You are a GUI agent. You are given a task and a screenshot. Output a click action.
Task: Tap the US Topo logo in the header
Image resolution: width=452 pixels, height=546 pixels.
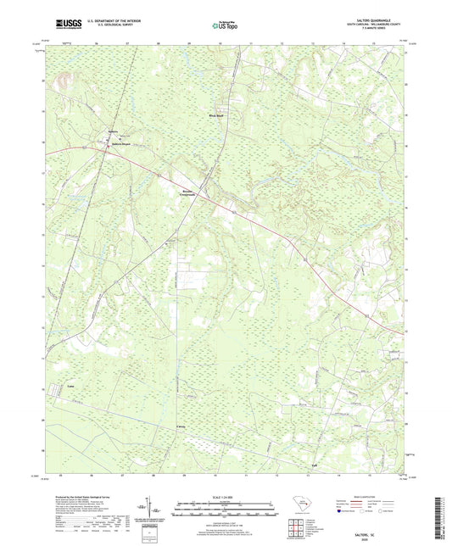[x=226, y=26]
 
